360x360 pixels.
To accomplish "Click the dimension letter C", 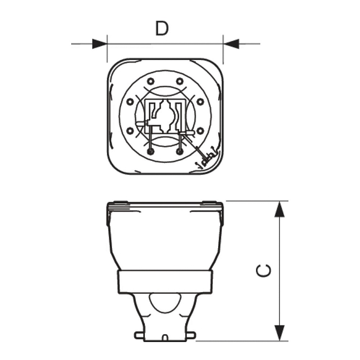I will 264,271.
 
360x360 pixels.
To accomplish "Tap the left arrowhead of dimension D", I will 99,44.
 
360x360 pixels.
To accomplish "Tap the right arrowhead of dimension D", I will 231,44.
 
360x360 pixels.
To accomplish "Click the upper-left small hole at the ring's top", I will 150,81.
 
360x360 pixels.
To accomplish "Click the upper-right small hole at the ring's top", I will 180,81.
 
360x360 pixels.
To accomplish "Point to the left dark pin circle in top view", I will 151,152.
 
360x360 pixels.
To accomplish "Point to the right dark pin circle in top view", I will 180,152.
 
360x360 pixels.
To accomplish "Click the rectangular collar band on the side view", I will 165,282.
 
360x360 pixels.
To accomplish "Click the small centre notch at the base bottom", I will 165,338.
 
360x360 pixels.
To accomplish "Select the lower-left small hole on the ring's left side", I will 130,130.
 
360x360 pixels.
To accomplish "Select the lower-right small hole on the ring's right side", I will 201,130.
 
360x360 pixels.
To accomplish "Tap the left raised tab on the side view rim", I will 120,202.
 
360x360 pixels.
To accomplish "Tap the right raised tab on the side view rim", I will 211,202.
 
